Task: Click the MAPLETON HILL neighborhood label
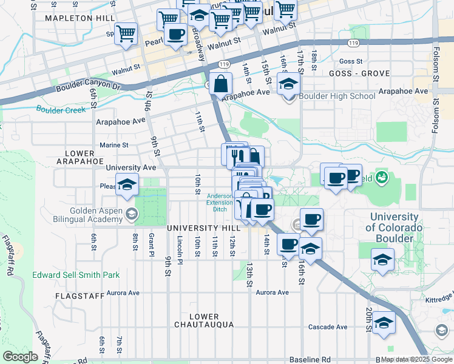80,18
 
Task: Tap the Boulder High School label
337,96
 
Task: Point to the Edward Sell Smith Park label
76,275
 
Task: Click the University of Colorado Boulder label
393,227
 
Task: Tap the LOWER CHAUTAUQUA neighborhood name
203,321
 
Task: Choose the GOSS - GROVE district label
358,73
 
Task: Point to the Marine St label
114,146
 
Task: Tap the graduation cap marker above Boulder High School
289,84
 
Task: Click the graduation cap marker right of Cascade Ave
384,323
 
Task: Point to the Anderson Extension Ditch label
220,203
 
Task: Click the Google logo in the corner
20,357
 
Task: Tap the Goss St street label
351,61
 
